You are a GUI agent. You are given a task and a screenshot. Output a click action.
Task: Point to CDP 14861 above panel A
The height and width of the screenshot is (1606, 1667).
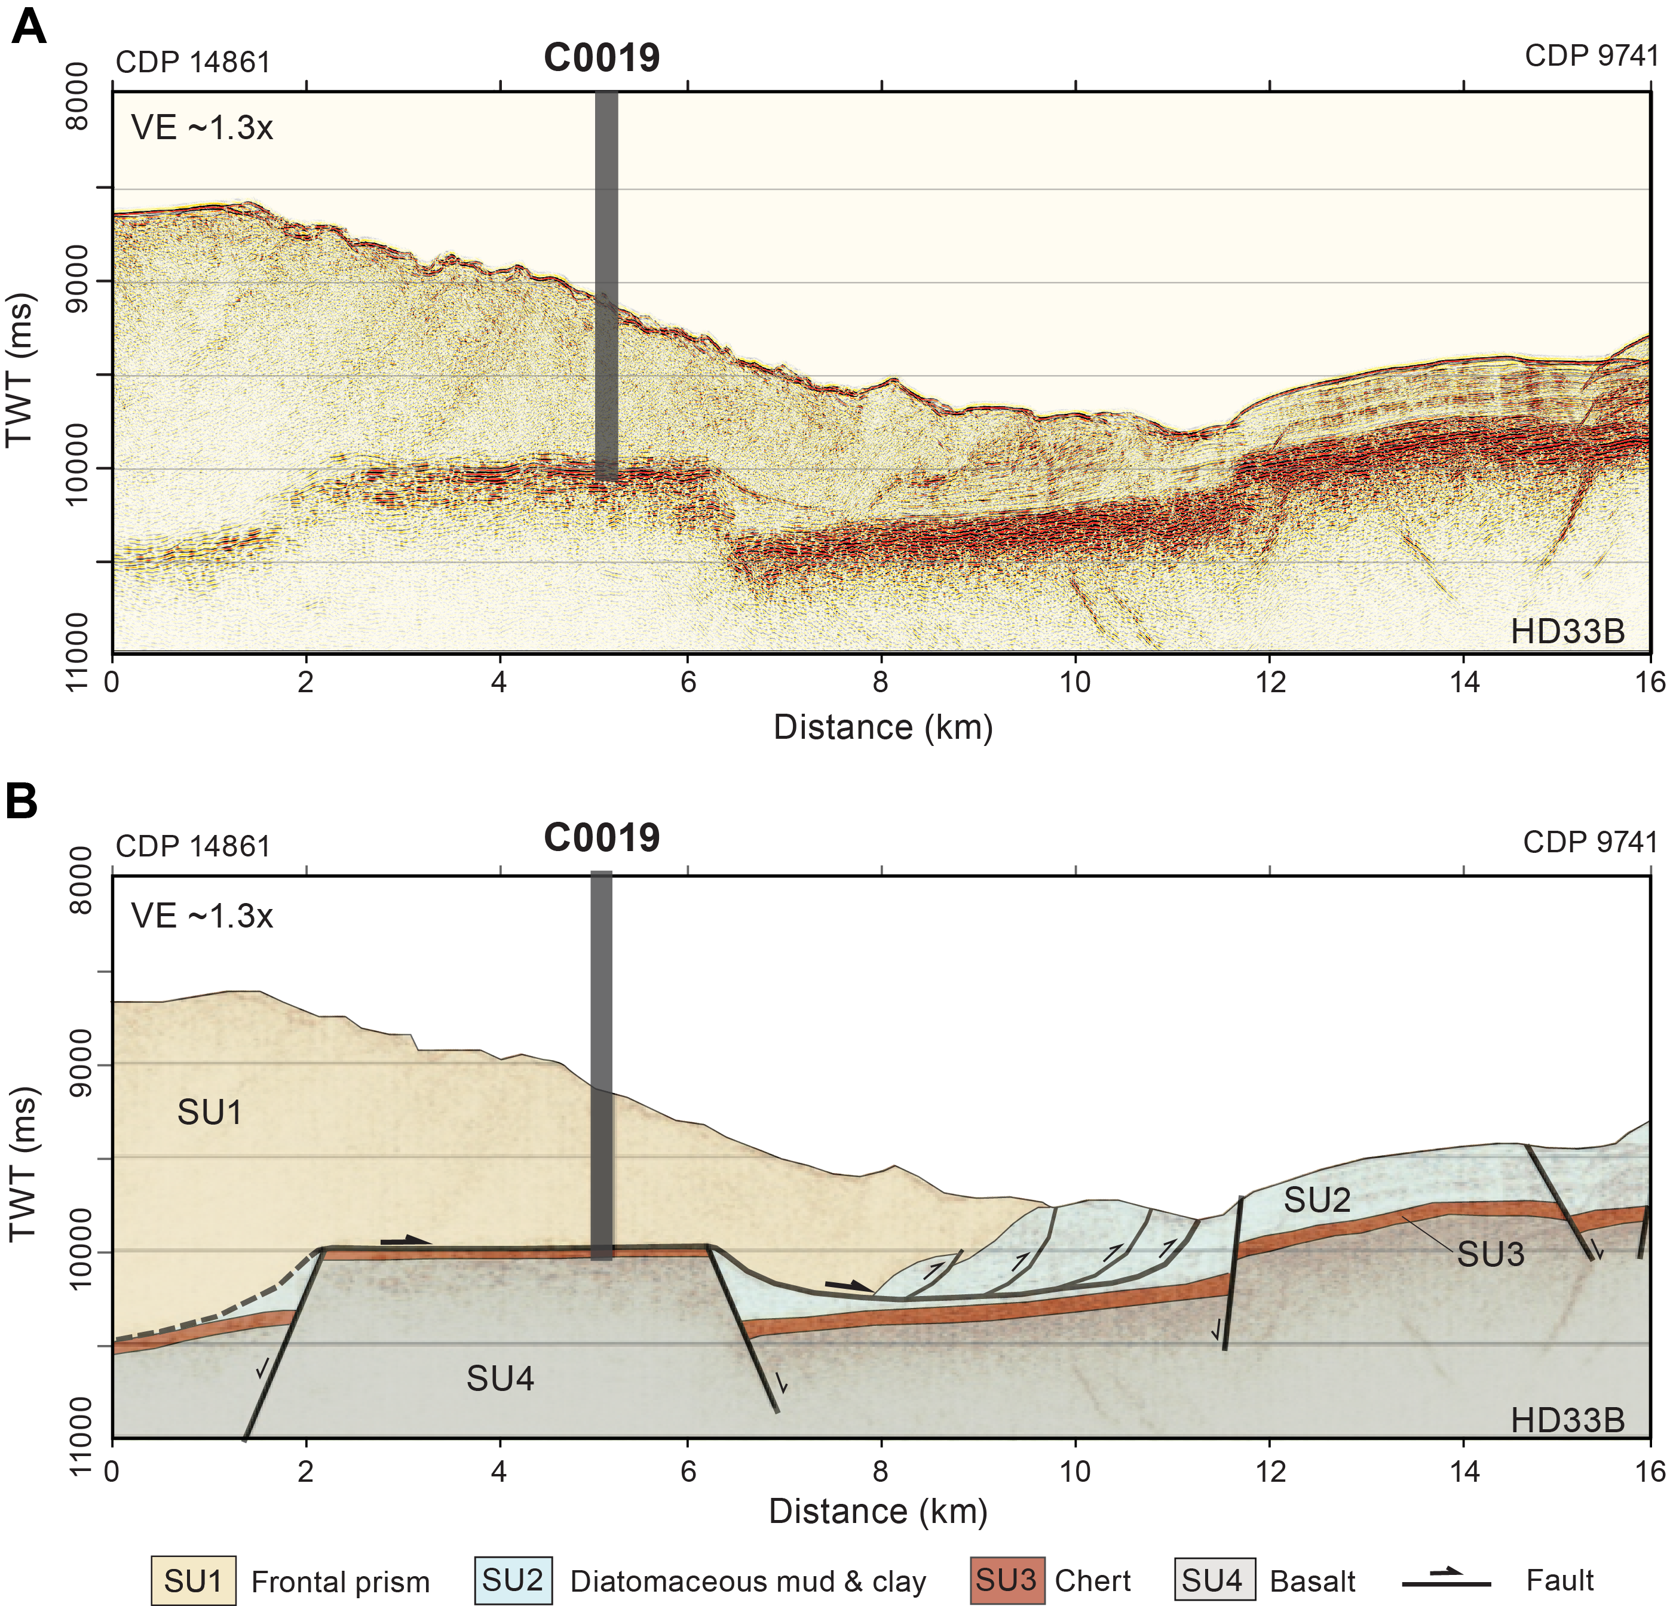point(192,62)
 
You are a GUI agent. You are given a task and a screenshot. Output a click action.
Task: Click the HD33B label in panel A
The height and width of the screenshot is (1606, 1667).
point(1567,632)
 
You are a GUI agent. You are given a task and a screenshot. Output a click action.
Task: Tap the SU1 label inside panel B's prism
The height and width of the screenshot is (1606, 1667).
point(209,1113)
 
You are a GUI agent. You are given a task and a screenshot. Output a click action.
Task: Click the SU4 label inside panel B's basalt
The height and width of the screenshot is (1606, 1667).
point(500,1379)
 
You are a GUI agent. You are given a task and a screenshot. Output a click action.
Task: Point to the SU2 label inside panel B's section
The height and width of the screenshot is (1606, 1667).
point(1317,1200)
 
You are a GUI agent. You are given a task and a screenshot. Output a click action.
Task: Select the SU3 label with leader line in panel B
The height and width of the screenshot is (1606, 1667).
point(1490,1254)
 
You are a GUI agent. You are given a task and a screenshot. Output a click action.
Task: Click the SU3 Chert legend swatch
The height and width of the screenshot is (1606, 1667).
point(1006,1580)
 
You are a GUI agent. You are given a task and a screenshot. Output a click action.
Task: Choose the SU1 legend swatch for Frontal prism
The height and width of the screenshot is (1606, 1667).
point(193,1580)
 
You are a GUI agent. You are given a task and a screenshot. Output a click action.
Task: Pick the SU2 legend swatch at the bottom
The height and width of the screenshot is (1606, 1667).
point(513,1580)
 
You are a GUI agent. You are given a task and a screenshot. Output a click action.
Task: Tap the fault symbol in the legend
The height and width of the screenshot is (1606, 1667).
point(1446,1580)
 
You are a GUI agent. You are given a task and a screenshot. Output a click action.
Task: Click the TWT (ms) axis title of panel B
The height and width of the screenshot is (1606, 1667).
point(23,1165)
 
